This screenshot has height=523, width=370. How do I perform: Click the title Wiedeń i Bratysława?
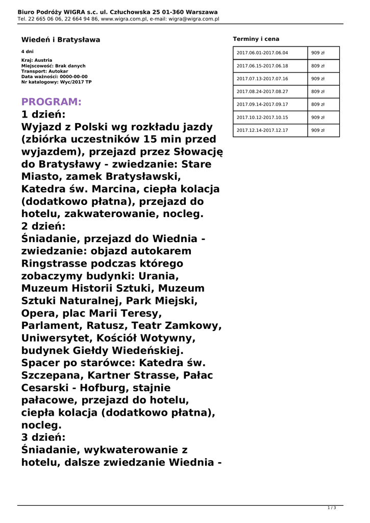coord(61,39)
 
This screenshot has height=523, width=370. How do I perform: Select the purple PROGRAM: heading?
coord(51,102)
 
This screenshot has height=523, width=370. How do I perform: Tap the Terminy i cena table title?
coord(256,39)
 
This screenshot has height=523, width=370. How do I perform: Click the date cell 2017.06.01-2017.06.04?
coord(262,53)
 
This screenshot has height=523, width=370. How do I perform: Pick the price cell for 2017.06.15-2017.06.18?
coord(318,66)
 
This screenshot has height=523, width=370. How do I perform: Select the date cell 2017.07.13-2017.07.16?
coord(262,79)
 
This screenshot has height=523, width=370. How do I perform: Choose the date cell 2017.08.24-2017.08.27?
coord(262,91)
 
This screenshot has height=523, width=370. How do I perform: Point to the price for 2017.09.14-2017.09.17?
coord(318,104)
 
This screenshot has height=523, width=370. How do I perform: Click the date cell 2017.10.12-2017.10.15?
coord(262,117)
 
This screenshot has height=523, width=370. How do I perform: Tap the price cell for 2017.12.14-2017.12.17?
coord(318,130)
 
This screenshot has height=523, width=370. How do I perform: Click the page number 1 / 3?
coord(331,508)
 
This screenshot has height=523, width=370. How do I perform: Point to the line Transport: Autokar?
coord(44,71)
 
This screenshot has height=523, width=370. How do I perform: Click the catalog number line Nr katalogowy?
coord(56,82)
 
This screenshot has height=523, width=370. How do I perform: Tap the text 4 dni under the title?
coord(27,52)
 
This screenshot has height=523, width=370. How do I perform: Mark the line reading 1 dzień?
coord(43,114)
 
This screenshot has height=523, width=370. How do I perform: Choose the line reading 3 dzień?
coord(43,437)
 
